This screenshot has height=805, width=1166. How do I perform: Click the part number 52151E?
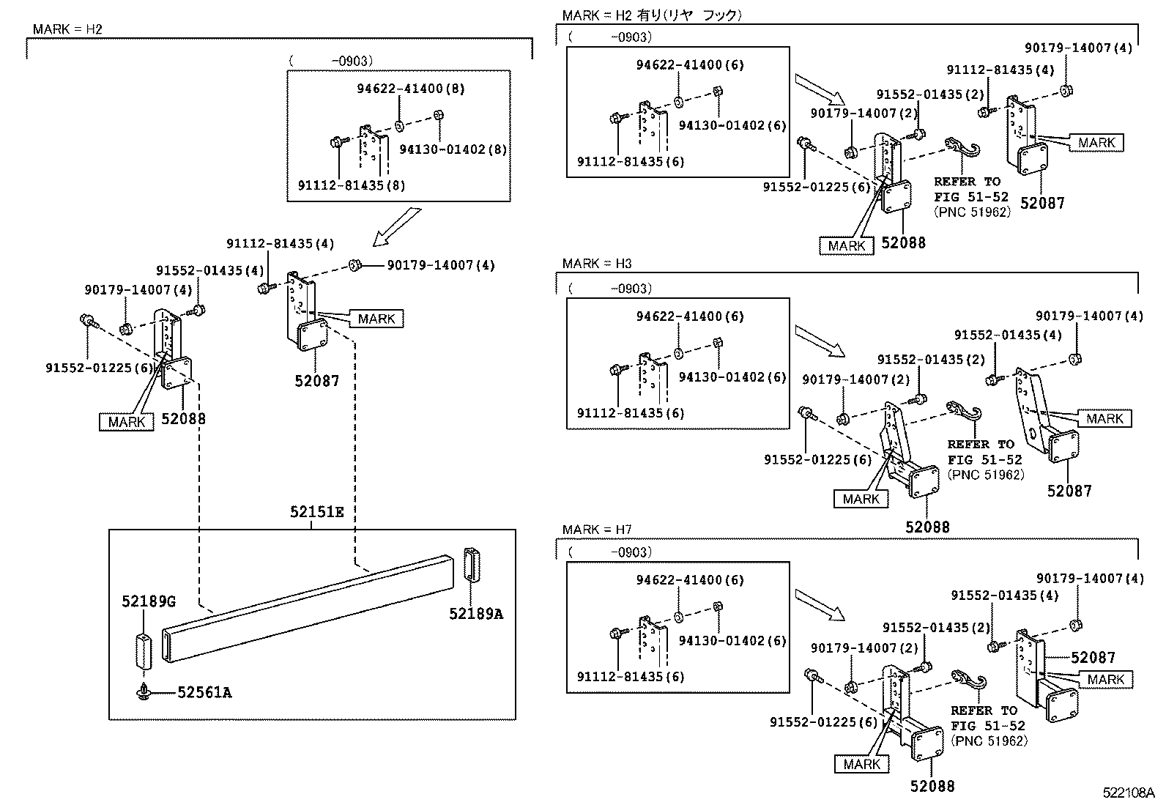pos(316,512)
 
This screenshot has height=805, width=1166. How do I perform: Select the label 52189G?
pos(149,602)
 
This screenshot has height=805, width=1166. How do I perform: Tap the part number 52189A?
pos(476,615)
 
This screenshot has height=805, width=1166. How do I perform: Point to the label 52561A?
pos(204,692)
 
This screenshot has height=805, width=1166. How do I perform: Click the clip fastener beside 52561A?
pos(143,692)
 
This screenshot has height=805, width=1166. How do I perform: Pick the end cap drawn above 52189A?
pos(472,565)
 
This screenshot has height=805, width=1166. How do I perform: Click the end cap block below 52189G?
pos(144,651)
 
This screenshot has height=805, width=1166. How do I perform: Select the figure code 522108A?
pos(1128,793)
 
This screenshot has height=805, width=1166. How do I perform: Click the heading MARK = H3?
pos(596,264)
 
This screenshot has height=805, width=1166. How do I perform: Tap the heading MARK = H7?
pos(596,530)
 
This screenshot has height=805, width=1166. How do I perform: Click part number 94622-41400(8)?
pos(411,89)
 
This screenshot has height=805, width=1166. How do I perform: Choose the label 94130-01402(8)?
pos(453,149)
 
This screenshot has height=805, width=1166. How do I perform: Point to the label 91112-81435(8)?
pos(352,185)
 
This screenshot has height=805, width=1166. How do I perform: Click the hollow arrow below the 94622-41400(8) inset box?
pos(397,227)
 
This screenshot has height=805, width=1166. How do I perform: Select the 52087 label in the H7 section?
pos(1093,658)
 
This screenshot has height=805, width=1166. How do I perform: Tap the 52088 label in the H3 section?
pos(927,527)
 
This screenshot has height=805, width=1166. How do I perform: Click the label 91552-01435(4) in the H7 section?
pos(1005,596)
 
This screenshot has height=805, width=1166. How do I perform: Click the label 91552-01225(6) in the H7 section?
pos(823,722)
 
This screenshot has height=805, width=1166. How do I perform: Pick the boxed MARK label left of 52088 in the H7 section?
pos(861,765)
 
